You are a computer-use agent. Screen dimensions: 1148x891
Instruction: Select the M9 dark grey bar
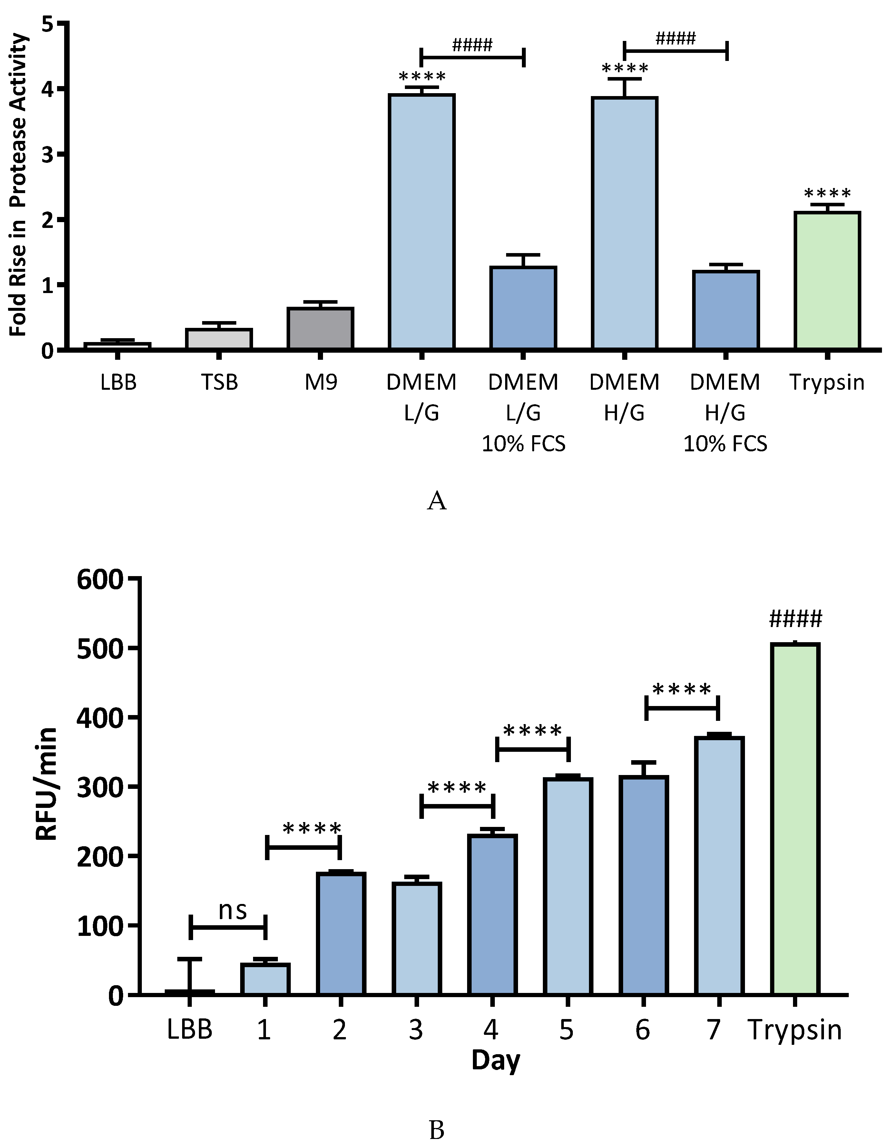pyautogui.click(x=320, y=329)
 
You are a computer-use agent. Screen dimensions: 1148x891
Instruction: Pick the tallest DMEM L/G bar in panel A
pyautogui.click(x=422, y=221)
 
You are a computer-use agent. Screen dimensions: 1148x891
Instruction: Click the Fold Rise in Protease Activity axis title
pyautogui.click(x=18, y=184)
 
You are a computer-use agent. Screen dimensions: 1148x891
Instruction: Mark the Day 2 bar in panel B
pyautogui.click(x=341, y=933)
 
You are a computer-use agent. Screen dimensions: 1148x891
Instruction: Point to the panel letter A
pyautogui.click(x=436, y=501)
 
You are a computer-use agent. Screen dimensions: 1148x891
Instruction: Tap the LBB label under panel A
pyautogui.click(x=118, y=382)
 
